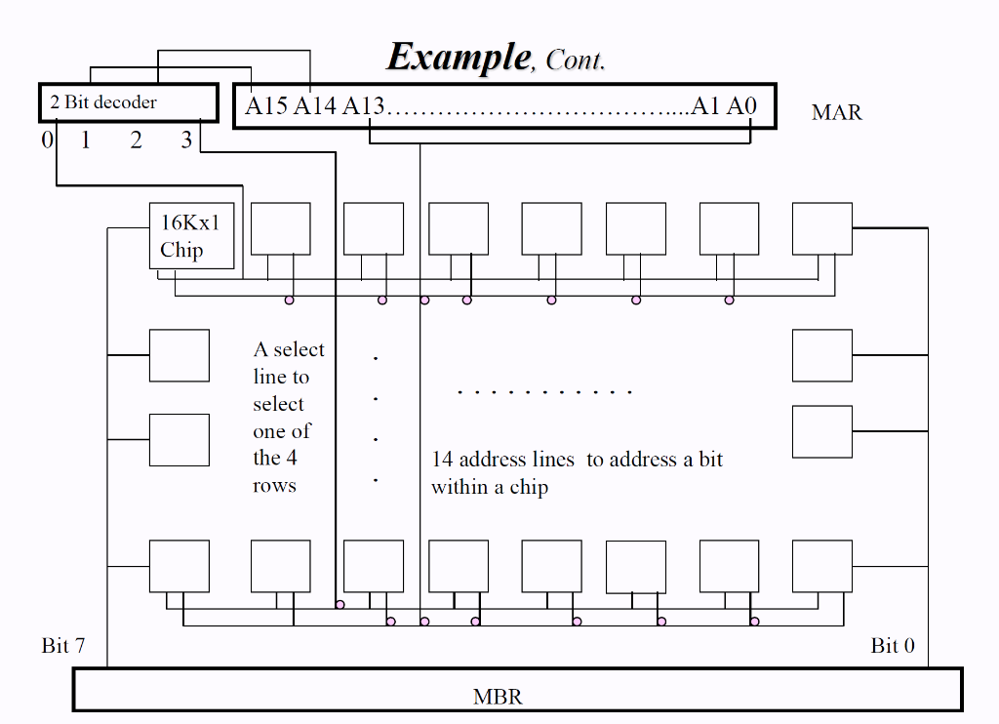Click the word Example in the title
tap(458, 57)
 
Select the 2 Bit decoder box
tap(127, 102)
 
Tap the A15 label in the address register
tap(266, 106)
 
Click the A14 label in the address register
tap(315, 106)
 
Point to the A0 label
tap(741, 106)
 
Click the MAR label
tap(836, 112)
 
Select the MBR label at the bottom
tap(498, 697)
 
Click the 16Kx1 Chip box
tap(191, 236)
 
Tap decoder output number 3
tap(186, 141)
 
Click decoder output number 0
tap(47, 141)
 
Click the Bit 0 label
tap(893, 646)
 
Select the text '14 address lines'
tap(506, 460)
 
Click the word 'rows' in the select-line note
tap(274, 486)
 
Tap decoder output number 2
tap(136, 141)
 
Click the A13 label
tap(364, 106)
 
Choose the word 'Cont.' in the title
tap(576, 60)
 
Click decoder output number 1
tap(86, 141)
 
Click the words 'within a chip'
tap(490, 487)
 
